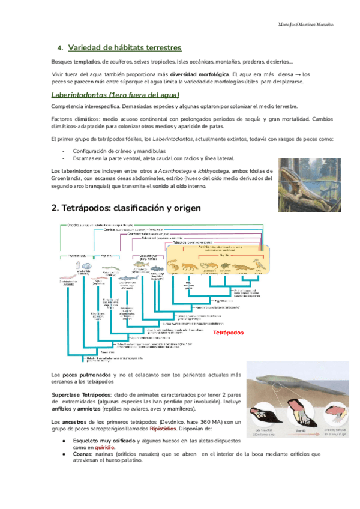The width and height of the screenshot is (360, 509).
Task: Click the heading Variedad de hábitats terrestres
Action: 125,47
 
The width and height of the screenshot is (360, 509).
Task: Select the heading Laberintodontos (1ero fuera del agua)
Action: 115,95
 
